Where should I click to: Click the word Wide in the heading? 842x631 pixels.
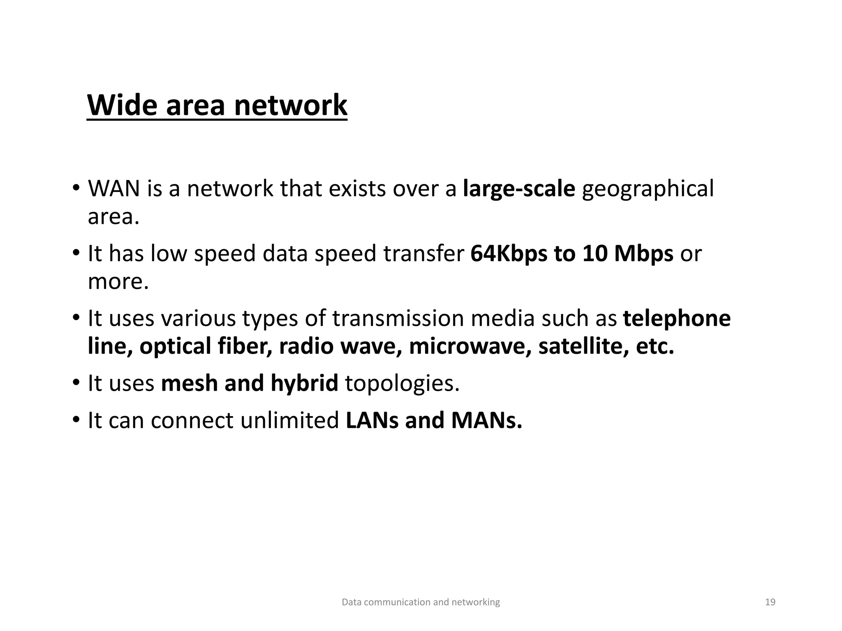122,105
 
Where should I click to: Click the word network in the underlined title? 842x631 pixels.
291,105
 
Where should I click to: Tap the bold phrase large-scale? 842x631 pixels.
519,189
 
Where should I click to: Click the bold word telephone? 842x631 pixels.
677,319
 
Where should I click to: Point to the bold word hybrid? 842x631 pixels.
304,384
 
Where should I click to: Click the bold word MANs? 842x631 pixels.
487,421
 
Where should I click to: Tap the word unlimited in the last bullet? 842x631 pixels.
289,421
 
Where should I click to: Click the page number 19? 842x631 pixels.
770,602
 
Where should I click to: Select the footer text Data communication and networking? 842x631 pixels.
421,602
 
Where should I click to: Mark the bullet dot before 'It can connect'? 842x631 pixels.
76,420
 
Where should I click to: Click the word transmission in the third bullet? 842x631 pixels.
398,319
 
